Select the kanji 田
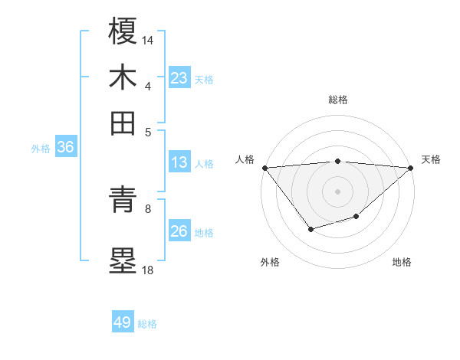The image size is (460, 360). (123, 122)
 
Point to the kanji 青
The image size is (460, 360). (123, 201)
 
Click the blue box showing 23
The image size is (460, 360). (179, 78)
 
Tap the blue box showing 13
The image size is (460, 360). (179, 162)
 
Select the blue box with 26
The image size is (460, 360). (179, 232)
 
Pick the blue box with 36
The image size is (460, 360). (65, 148)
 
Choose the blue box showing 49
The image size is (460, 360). (123, 322)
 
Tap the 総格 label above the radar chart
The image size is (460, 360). (337, 100)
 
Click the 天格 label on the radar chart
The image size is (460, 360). (431, 159)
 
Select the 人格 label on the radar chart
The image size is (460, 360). (245, 159)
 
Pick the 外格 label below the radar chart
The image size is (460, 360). (270, 262)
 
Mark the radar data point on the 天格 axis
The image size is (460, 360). (411, 167)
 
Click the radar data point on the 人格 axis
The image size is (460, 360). (264, 167)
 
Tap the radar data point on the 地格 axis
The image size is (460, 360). (356, 217)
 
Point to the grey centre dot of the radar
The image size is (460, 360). (337, 191)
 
